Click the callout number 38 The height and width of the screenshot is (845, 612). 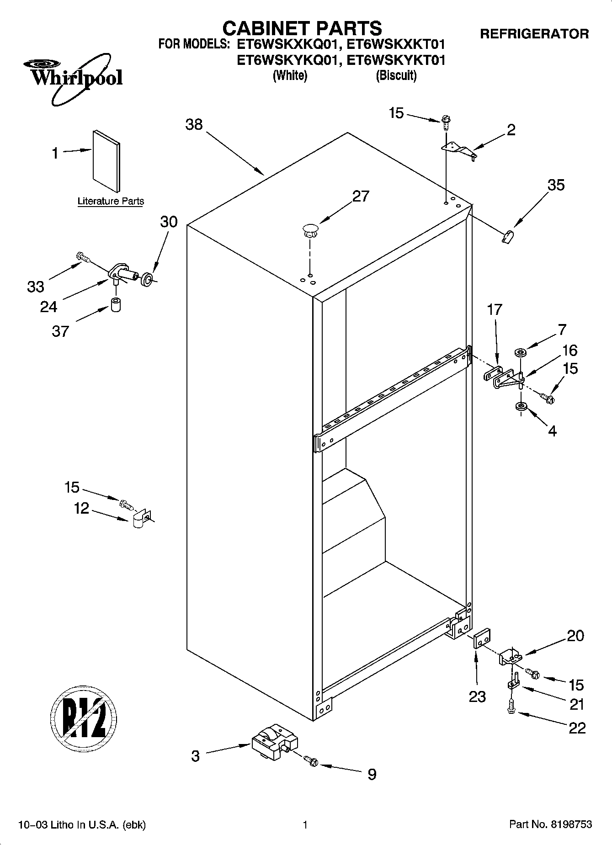(194, 124)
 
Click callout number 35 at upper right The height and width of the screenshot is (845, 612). (556, 185)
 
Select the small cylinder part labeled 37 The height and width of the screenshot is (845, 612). (116, 305)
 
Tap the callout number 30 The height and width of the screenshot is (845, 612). (169, 222)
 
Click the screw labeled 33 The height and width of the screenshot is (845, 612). (82, 257)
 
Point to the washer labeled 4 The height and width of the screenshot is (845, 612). (520, 406)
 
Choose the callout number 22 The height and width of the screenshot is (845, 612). (577, 728)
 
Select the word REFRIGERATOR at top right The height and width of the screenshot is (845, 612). (534, 34)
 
